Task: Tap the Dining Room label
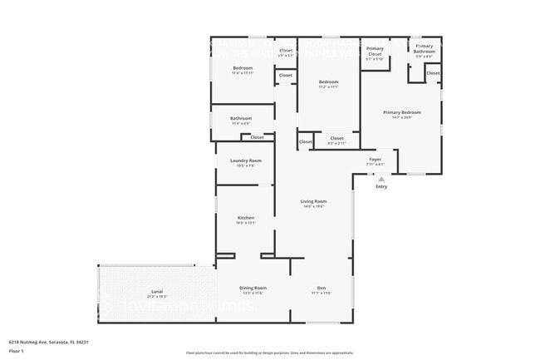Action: click(253, 288)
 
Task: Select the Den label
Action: click(322, 288)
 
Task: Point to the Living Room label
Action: click(313, 201)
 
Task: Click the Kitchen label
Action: click(245, 218)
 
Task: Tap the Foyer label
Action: click(376, 159)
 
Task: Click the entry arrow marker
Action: click(381, 179)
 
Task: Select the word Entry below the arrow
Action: click(381, 186)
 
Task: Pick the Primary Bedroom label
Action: click(401, 112)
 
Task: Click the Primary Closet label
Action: click(375, 52)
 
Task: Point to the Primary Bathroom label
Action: click(424, 48)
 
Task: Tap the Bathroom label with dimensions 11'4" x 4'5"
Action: click(241, 118)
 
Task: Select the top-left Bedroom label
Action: click(243, 67)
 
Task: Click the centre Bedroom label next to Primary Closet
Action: click(329, 81)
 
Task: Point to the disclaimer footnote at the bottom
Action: click(269, 353)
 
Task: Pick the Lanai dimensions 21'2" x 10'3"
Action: click(157, 296)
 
